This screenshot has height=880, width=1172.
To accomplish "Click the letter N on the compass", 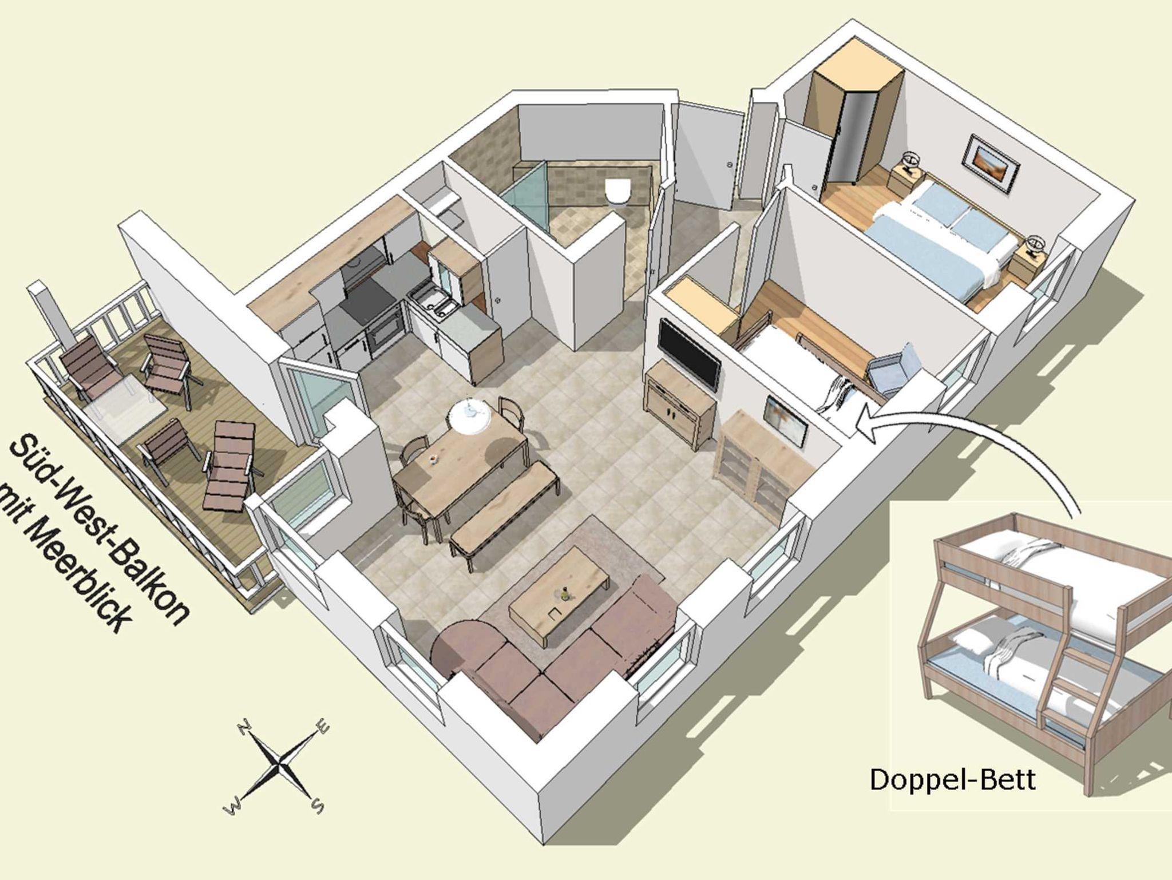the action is click(246, 728).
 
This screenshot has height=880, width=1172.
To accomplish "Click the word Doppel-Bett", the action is click(953, 779).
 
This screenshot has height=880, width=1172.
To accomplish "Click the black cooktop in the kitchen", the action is click(366, 303).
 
